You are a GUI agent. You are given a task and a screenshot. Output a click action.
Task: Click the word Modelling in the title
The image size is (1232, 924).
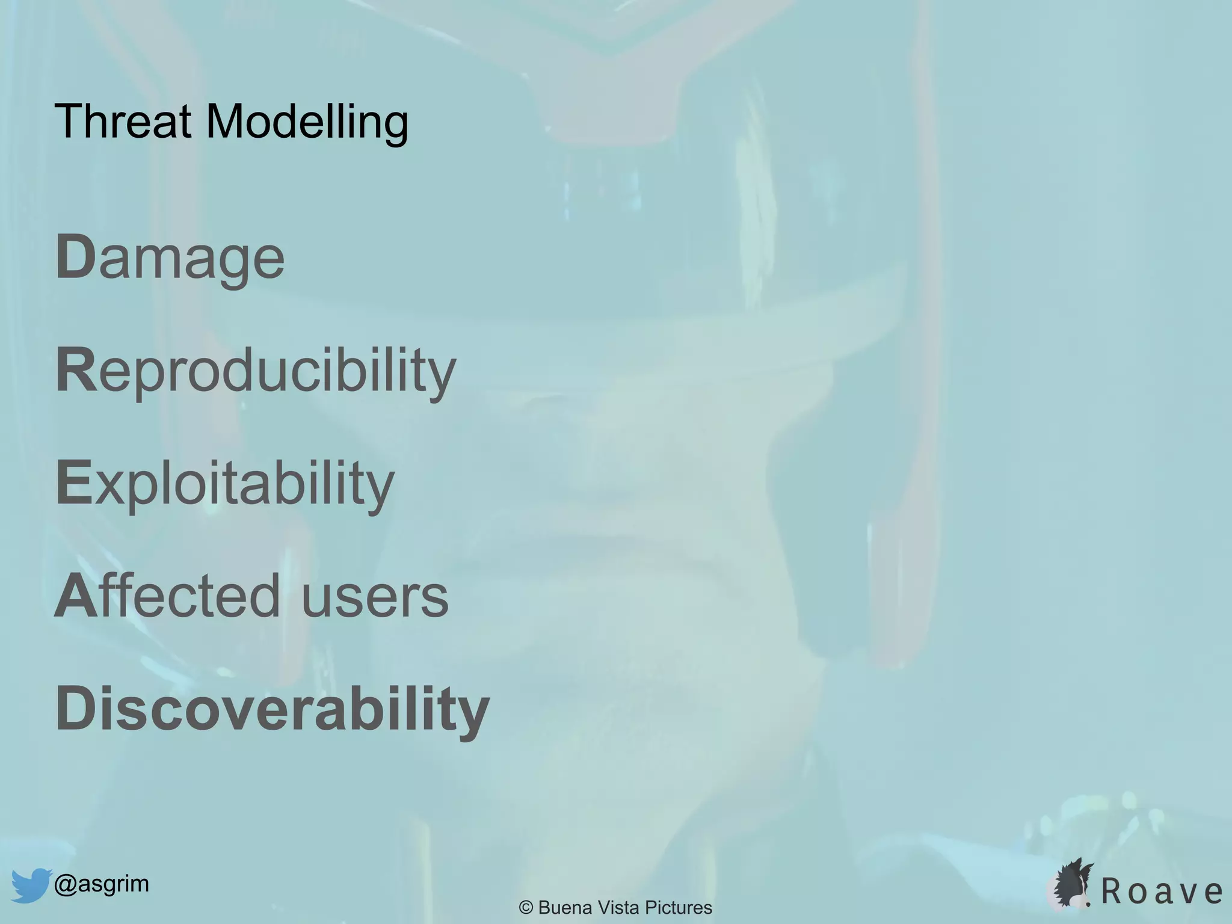click(307, 123)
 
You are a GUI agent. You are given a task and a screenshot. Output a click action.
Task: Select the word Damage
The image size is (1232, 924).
click(170, 259)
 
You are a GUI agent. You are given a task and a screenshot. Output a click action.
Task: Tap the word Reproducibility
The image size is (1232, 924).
click(256, 371)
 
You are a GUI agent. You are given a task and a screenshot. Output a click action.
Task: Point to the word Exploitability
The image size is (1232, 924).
click(225, 484)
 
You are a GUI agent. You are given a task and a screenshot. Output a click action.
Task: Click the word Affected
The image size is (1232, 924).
click(167, 596)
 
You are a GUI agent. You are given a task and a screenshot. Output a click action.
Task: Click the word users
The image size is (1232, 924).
click(374, 597)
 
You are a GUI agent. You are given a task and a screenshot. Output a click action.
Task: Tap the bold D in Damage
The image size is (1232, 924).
click(76, 257)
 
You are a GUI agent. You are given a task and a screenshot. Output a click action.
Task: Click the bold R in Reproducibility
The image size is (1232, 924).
click(76, 369)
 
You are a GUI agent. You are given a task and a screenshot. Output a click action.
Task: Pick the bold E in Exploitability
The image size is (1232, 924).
click(73, 482)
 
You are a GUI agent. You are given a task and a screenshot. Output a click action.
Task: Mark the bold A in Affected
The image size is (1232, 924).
click(76, 596)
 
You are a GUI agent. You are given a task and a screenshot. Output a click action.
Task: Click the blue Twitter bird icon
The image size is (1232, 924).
click(29, 885)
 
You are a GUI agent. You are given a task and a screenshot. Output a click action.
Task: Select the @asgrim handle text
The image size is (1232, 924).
click(102, 884)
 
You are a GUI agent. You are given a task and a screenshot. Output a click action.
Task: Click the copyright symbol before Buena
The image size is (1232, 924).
click(526, 908)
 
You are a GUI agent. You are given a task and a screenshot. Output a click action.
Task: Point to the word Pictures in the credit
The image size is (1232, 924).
click(679, 908)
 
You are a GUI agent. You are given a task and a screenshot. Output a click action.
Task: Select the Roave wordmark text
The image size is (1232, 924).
click(1162, 892)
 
